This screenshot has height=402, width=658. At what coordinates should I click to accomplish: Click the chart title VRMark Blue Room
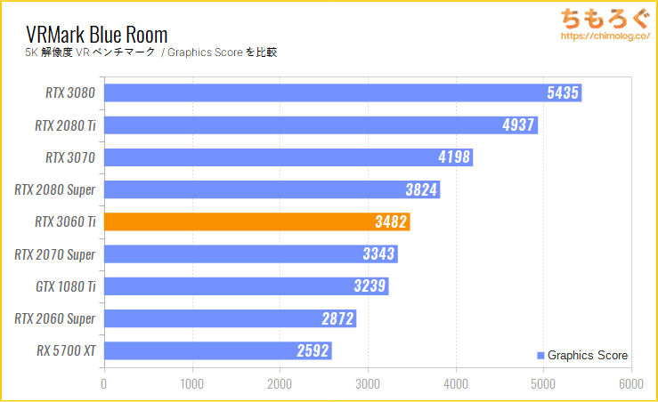[97, 35]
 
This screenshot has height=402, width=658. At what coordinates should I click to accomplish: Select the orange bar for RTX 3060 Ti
[256, 222]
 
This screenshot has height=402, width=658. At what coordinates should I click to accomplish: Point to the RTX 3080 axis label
[70, 92]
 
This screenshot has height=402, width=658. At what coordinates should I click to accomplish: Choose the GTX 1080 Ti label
[65, 286]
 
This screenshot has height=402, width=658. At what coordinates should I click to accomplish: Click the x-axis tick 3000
[367, 385]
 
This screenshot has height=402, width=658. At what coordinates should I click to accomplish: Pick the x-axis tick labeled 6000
[630, 385]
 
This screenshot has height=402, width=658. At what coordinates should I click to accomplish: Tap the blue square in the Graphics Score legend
[540, 356]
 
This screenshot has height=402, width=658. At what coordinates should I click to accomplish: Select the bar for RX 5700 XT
[218, 350]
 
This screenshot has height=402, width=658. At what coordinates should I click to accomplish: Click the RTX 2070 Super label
[55, 254]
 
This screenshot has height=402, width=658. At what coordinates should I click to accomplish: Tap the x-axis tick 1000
[191, 385]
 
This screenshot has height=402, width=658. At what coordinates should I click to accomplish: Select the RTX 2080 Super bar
[272, 189]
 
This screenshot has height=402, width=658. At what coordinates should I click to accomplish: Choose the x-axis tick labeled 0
[104, 385]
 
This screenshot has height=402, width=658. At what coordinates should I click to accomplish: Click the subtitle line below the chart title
[150, 52]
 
